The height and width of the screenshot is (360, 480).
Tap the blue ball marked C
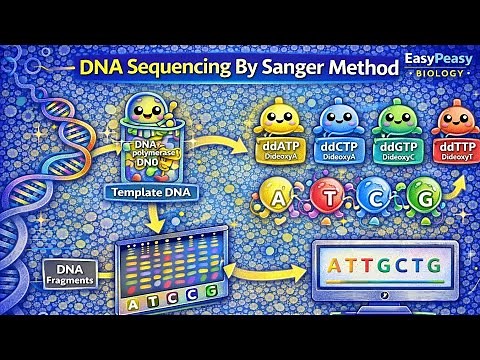click(x=376, y=196)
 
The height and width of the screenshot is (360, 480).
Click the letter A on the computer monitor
click(x=335, y=268)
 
